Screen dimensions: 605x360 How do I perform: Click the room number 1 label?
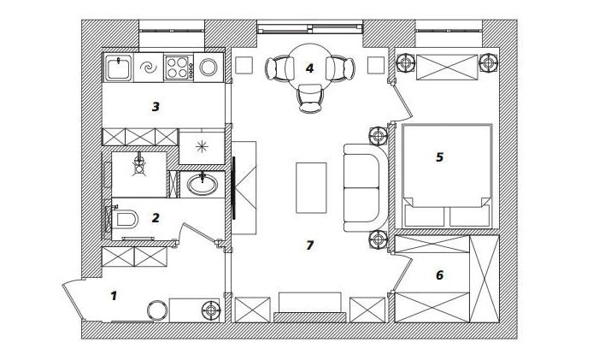(x=114, y=296)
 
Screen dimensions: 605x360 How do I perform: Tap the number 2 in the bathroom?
(x=156, y=218)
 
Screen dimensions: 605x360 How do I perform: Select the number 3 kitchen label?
(x=156, y=107)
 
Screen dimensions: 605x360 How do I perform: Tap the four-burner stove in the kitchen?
(x=179, y=68)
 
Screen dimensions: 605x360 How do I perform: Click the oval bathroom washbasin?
(x=202, y=184)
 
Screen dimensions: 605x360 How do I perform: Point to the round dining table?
(x=309, y=68)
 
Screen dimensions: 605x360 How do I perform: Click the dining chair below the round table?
(x=310, y=98)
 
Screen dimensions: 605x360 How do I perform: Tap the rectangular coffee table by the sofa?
(x=311, y=188)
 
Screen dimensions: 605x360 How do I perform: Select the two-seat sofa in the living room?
(x=365, y=188)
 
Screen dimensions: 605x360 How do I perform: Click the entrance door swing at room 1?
(x=73, y=300)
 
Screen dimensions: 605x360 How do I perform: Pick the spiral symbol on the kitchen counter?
(x=148, y=68)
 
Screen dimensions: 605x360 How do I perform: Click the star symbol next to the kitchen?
(x=202, y=147)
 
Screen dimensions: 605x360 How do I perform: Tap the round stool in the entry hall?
(x=158, y=310)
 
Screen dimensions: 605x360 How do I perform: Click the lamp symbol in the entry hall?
(x=211, y=310)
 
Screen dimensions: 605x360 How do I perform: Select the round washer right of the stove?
(x=209, y=68)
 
